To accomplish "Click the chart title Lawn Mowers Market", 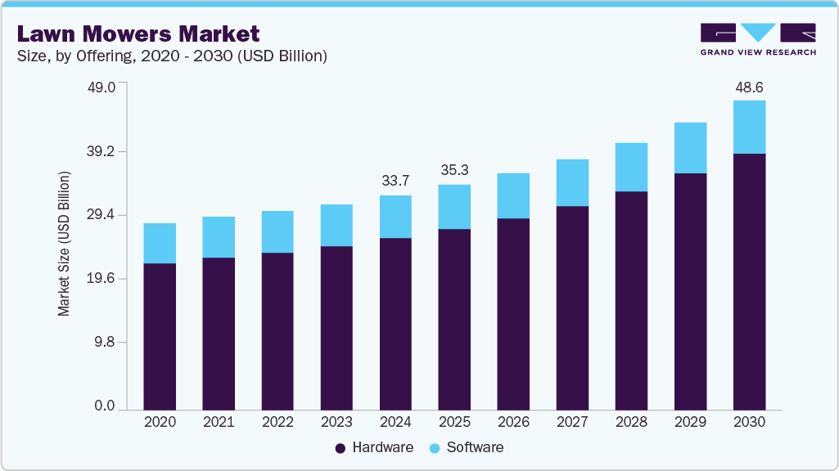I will point(138,34).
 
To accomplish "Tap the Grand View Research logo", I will point(757,39).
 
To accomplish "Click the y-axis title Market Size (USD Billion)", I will point(64,244).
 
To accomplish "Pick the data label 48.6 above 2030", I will point(749,86).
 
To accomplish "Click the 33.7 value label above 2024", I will point(395,181).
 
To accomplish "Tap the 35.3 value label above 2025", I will point(454,170).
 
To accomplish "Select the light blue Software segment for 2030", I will point(749,127).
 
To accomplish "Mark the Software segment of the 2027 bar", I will point(572,182).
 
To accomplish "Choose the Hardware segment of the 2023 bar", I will point(336,327).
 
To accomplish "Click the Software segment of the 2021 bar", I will point(219,237).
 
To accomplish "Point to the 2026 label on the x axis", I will point(513,422).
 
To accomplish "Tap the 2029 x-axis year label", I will point(690,422).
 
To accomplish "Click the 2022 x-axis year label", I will point(277,422).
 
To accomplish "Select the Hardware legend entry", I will point(375,447).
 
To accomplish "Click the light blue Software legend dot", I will point(435,448).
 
